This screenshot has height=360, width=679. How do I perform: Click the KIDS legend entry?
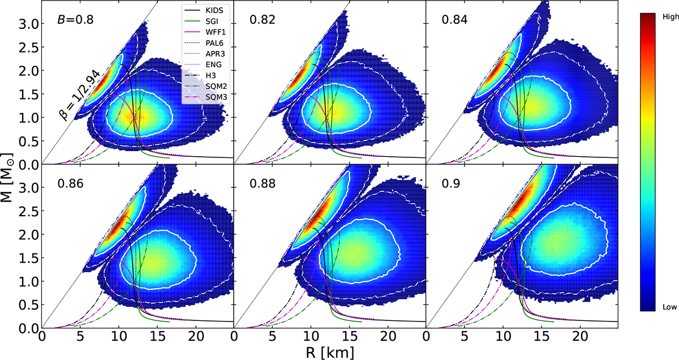tap(214, 10)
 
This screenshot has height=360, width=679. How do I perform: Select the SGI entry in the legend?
tap(212, 22)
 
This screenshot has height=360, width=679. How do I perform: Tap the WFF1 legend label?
tap(216, 32)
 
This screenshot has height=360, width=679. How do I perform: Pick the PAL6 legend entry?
tap(214, 43)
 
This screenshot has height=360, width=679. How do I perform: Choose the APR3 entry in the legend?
tap(215, 54)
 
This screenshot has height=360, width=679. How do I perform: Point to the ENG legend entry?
tap(213, 65)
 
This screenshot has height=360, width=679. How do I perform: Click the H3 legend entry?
tap(210, 75)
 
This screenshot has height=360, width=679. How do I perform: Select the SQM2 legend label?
tap(216, 87)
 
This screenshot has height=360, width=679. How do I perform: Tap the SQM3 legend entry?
tap(216, 97)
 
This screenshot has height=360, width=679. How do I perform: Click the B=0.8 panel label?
tap(75, 20)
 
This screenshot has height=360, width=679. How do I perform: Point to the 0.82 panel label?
tap(263, 20)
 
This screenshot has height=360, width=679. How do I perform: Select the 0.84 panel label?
tap(455, 20)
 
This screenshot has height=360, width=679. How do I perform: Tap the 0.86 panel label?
tap(71, 184)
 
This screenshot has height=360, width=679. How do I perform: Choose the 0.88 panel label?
tap(263, 184)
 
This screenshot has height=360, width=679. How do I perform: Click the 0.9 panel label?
tap(451, 184)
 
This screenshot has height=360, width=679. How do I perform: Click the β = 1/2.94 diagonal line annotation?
tap(79, 96)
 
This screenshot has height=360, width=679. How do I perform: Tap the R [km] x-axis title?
tap(330, 353)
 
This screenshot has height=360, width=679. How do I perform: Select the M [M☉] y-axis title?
tap(7, 178)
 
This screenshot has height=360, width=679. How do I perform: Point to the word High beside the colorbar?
tap(670, 17)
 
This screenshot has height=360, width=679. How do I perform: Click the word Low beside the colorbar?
tap(669, 307)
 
